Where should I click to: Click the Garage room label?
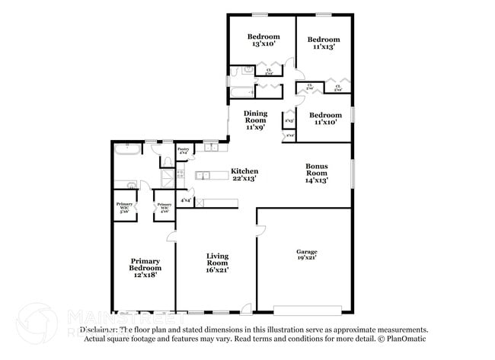click(x=307, y=254)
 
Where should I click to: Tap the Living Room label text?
click(x=217, y=263)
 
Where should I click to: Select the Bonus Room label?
click(x=316, y=173)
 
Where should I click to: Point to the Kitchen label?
click(x=244, y=174)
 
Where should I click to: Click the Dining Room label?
click(x=255, y=120)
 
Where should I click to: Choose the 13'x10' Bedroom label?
click(x=263, y=40)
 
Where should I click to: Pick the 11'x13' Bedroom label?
click(x=324, y=43)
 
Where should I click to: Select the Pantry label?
click(x=183, y=151)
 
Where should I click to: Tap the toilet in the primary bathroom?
click(x=164, y=161)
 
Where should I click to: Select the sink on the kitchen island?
click(x=203, y=177)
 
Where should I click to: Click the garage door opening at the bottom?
click(x=308, y=310)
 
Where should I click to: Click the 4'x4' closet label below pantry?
click(x=186, y=201)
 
